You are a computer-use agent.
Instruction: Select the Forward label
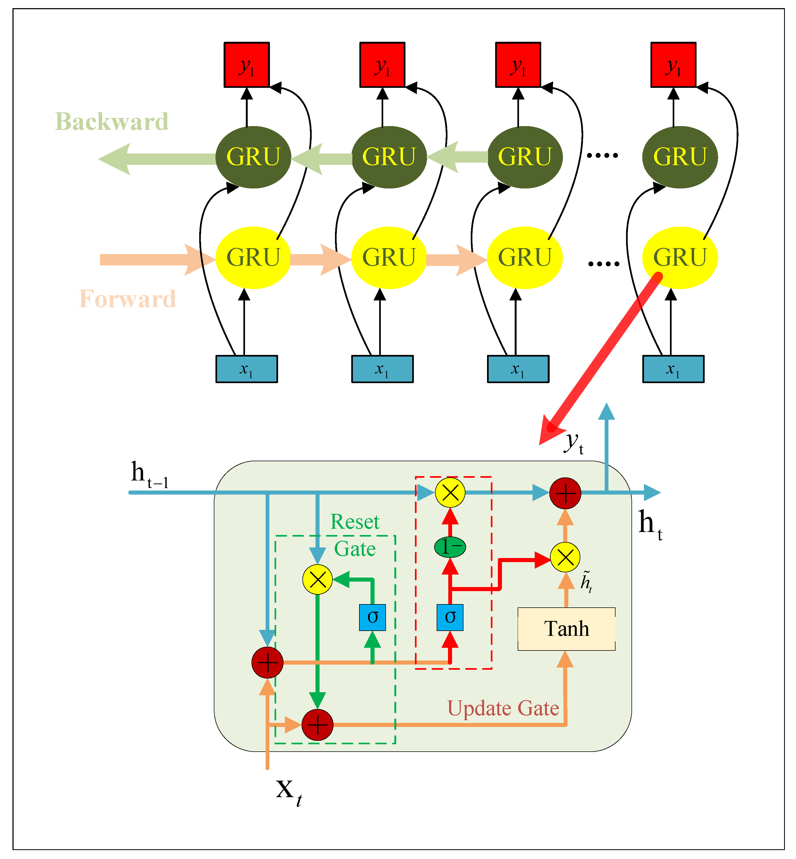[127, 299]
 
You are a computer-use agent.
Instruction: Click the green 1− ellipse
[450, 547]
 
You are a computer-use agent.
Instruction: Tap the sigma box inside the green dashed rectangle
[372, 617]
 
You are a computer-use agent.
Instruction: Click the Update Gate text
[503, 708]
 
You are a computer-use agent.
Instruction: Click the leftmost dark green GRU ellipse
[253, 157]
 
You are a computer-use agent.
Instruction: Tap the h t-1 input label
[149, 475]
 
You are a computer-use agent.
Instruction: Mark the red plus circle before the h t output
[565, 493]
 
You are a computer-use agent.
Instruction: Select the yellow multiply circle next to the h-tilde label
[565, 557]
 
